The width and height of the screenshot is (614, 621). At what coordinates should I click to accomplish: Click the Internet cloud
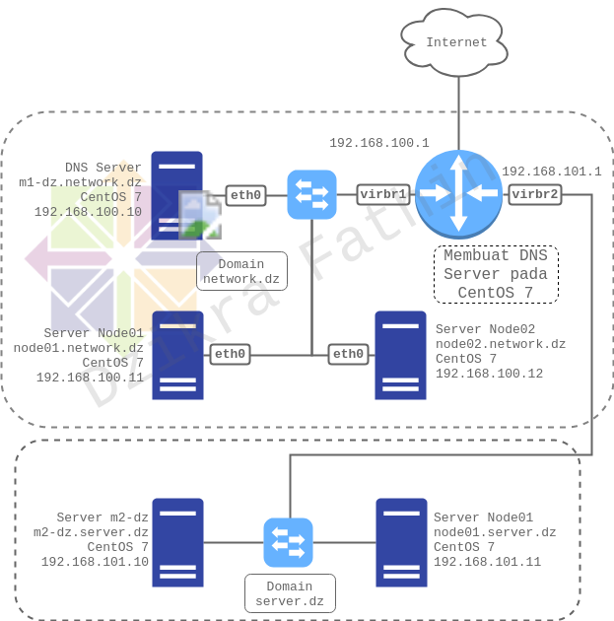pos(457,42)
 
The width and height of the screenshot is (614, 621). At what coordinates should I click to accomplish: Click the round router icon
pos(458,194)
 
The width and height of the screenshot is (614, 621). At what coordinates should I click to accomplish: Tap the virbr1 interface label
pos(384,195)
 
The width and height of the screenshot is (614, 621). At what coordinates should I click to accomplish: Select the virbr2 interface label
pos(535,195)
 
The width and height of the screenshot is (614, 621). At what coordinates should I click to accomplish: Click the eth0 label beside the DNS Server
pos(245,195)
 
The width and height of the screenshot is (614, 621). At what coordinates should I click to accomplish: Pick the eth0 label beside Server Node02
pos(348,354)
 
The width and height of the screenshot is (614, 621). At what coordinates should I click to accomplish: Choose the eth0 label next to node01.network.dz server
pos(230,354)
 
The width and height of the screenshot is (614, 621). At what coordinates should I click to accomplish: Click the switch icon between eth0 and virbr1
pos(311,195)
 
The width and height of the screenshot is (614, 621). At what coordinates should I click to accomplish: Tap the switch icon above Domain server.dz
pos(288,542)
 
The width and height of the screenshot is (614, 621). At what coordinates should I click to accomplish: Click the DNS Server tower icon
pos(176,195)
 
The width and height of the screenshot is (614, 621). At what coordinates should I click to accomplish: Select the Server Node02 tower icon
pos(400,355)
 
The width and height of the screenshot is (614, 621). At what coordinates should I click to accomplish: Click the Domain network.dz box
pos(241,272)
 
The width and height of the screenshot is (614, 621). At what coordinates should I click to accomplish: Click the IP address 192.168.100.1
pos(379,143)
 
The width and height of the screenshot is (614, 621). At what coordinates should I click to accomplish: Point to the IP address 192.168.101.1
pos(551,172)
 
